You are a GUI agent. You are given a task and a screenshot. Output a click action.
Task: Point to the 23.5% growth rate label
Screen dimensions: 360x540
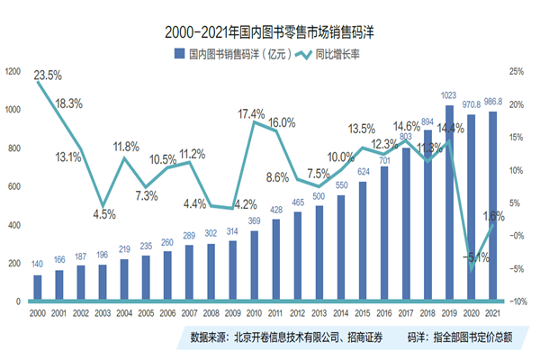coord(49,75)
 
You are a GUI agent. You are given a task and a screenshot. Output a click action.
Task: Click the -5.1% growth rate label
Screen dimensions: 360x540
coord(470,256)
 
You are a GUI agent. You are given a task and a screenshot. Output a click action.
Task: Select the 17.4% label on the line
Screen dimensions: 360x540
coord(251,114)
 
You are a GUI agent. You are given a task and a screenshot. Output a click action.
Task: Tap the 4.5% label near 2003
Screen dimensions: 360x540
coord(104,214)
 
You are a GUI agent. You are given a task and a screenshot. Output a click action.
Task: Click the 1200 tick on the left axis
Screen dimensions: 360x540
coord(13,71)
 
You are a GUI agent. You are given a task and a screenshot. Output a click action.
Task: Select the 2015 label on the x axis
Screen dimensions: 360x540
coord(363,313)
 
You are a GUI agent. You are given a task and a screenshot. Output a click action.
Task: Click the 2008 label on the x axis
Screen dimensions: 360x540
coord(211,313)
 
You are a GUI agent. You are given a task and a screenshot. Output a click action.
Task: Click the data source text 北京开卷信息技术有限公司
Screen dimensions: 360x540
coord(285,338)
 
